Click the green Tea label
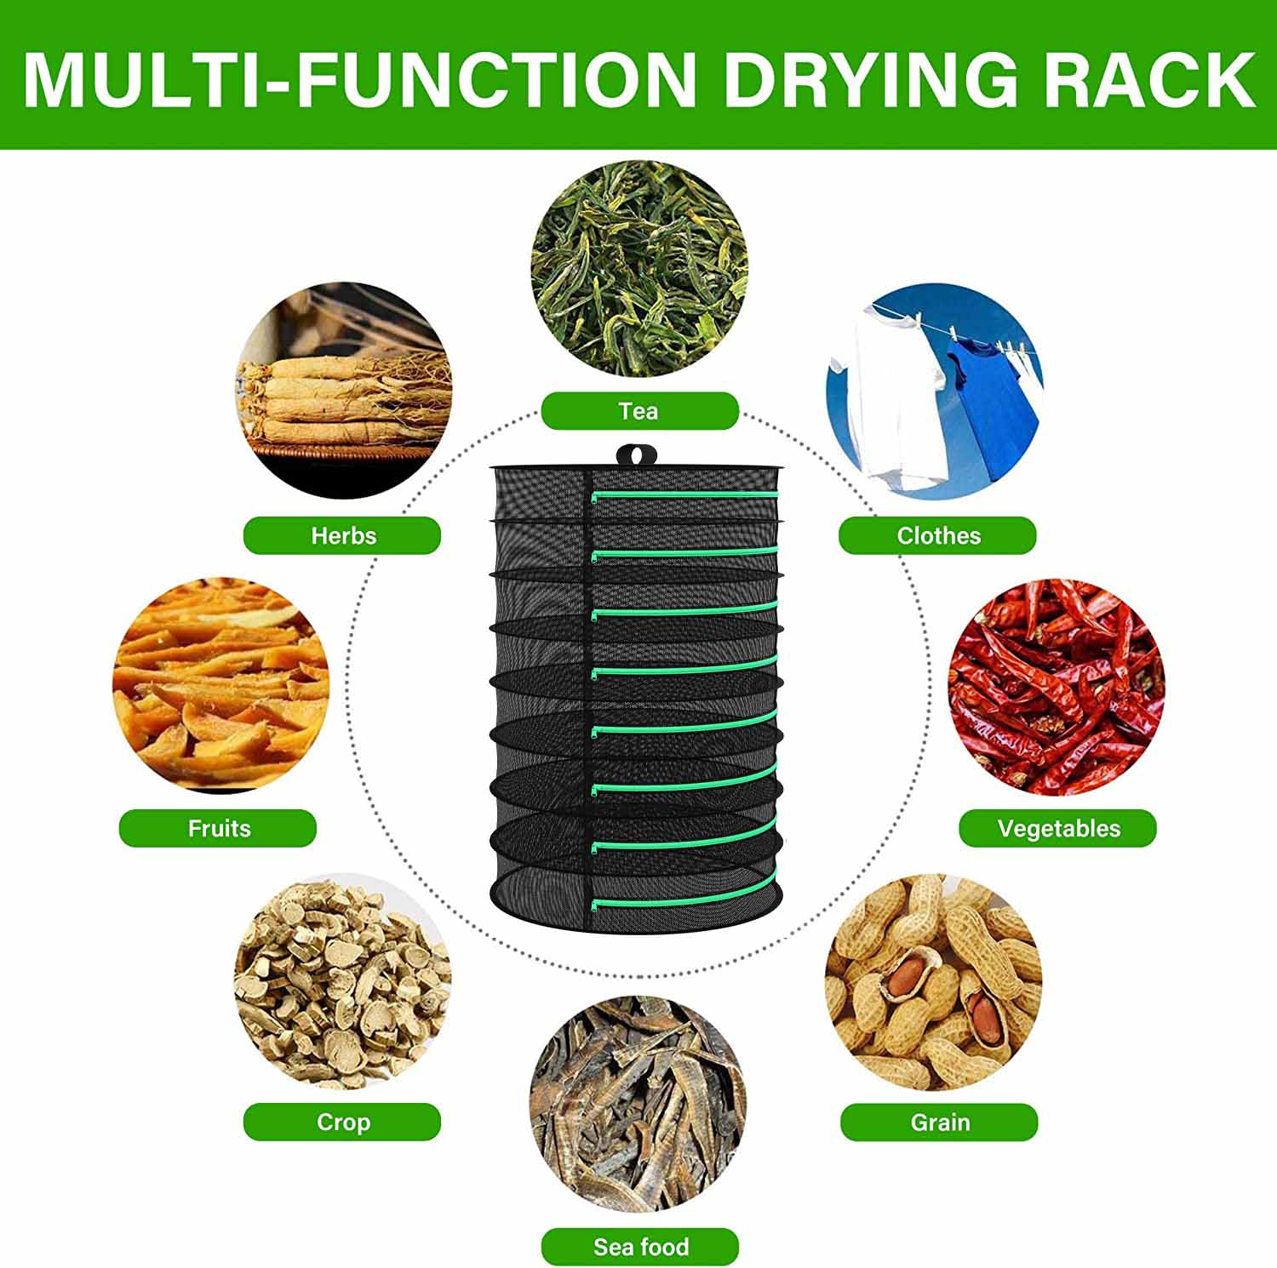(639, 411)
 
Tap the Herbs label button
(342, 535)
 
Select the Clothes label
(937, 535)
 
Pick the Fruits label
(218, 828)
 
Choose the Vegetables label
(1057, 828)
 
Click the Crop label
(342, 1122)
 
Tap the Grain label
(939, 1122)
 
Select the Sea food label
(639, 1247)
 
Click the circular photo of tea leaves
(639, 268)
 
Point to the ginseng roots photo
(342, 391)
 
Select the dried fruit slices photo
(220, 685)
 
